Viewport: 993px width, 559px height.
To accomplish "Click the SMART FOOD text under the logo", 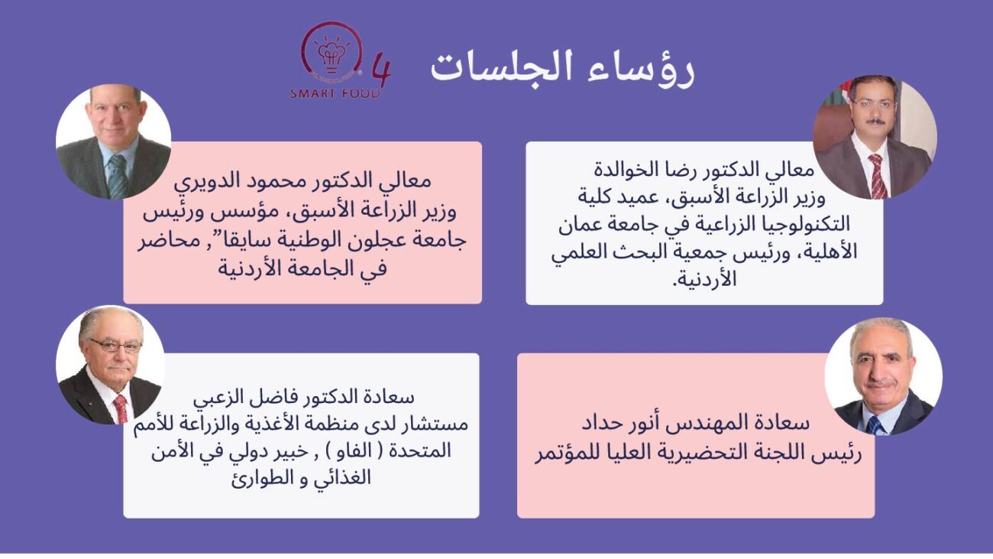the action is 335,93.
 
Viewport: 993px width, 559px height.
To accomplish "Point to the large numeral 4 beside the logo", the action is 380,71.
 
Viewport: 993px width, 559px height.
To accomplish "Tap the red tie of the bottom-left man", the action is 121,408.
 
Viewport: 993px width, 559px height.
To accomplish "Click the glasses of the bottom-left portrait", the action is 115,345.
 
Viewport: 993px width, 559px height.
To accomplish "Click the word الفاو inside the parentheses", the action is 360,452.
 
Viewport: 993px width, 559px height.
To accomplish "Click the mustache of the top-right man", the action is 874,121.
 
